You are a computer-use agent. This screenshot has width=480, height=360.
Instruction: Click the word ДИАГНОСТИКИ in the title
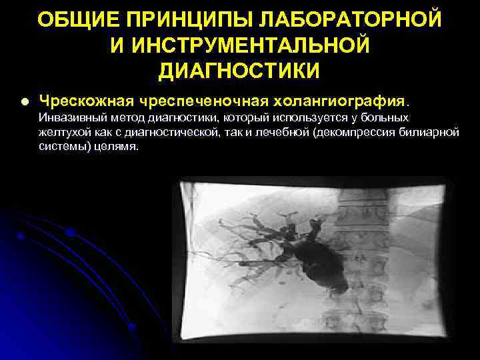[x=240, y=70]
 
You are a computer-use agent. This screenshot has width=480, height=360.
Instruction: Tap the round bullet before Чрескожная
[x=25, y=102]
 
